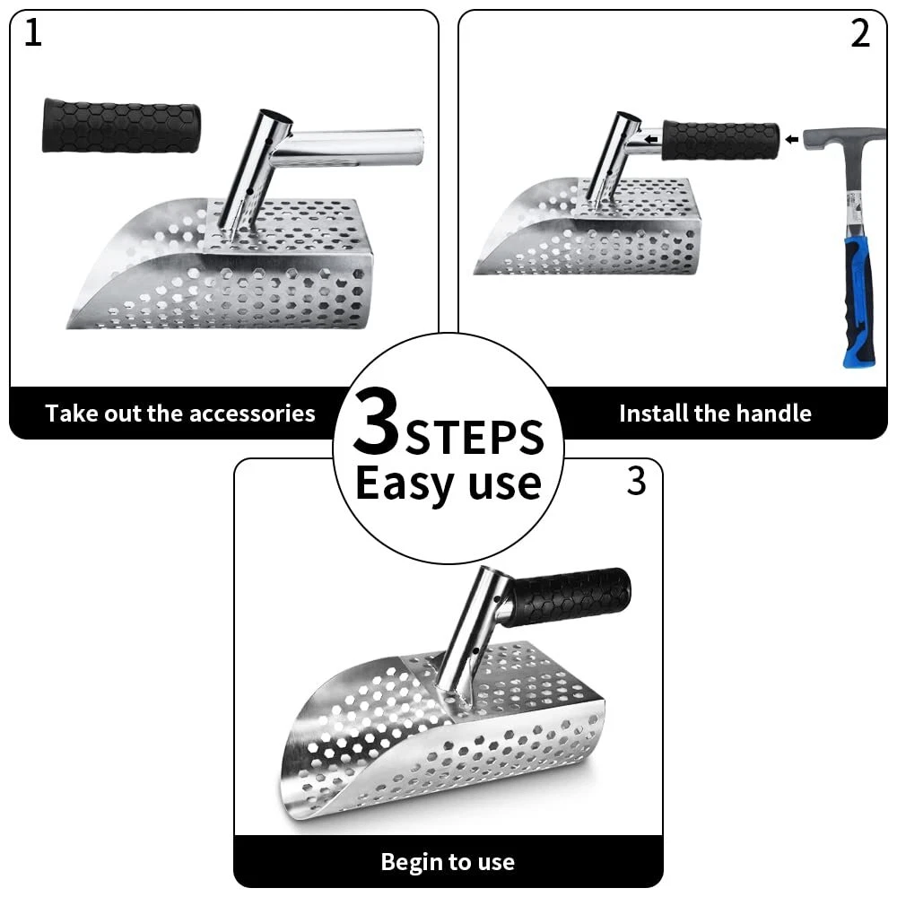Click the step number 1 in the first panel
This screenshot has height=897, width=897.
33,32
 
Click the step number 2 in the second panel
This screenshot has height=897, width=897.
860,34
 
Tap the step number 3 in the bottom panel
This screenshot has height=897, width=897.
636,482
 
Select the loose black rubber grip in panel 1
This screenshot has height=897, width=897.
121,126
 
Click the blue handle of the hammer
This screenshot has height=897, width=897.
858,303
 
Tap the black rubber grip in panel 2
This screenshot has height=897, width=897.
721,141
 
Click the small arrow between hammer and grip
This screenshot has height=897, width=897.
792,139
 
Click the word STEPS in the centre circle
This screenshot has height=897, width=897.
475,437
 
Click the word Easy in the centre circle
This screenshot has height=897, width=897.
405,484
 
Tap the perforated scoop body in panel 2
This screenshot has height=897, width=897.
589,229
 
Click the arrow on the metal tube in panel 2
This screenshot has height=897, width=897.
650,139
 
